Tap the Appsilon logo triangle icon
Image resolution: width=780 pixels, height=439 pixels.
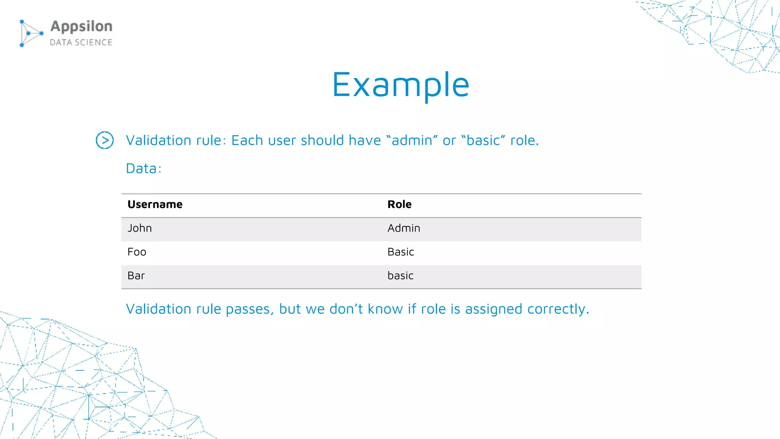30,34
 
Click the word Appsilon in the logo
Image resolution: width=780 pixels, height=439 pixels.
82,27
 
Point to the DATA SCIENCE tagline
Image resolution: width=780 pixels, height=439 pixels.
81,42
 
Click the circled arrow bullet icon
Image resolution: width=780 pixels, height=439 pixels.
105,140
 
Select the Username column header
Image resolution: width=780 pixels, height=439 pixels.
155,205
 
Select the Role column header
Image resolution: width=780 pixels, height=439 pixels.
400,205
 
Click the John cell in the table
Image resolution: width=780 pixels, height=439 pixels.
140,228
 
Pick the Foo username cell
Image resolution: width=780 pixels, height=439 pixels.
137,252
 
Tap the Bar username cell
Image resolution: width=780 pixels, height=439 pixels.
136,276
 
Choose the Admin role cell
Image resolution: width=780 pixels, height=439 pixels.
404,228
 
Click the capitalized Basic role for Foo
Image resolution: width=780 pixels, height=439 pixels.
401,252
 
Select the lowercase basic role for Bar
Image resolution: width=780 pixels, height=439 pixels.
400,276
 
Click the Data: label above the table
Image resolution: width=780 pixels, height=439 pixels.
144,169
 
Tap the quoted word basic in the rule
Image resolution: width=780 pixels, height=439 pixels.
483,141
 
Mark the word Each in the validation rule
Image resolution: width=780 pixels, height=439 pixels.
247,141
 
